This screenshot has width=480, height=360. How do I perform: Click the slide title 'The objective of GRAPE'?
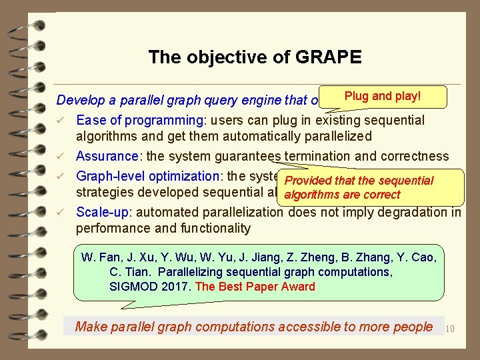point(255,57)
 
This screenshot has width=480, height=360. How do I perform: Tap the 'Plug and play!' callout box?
point(382,96)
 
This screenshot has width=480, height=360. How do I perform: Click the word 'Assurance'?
point(107,157)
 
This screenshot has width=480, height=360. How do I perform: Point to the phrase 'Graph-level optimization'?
point(147,176)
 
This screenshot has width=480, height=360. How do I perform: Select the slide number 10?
point(449,328)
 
